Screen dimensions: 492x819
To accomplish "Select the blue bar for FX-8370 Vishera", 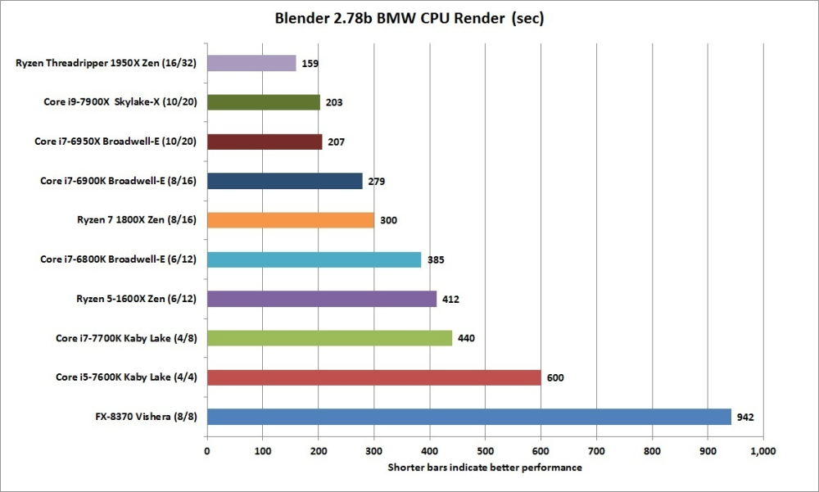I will click(x=468, y=417).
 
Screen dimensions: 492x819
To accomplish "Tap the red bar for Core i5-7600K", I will click(x=373, y=377).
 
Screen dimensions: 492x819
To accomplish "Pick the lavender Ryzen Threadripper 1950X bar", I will click(x=251, y=63).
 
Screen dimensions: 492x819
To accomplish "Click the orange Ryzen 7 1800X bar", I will click(x=291, y=220).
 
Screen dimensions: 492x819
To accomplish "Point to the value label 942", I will click(x=744, y=418).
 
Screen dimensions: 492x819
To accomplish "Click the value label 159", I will click(x=310, y=64).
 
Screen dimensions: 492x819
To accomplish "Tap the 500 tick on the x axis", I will click(x=485, y=450).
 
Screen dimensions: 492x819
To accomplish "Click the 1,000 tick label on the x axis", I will click(x=762, y=450).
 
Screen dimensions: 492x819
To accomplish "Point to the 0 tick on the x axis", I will click(x=207, y=450).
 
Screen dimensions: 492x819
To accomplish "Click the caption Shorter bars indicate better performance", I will click(x=485, y=467).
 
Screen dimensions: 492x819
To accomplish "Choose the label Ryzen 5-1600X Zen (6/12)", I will click(x=136, y=299).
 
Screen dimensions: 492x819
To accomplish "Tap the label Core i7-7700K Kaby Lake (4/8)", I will click(x=130, y=338).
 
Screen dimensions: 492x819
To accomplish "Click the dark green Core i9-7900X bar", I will click(x=264, y=102).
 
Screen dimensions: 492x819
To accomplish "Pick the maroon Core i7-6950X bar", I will click(x=265, y=142).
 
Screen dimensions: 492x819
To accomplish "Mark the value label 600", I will click(x=554, y=378).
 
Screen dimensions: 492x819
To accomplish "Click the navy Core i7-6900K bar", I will click(x=284, y=181).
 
